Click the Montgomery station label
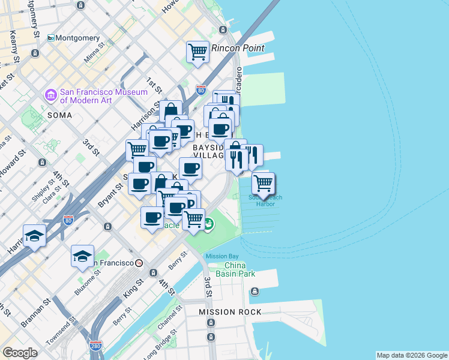point(78,38)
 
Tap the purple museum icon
point(50,95)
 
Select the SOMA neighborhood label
point(59,115)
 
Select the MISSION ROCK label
point(231,312)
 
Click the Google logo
point(20,353)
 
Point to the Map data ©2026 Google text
point(411,355)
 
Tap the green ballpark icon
point(208,224)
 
